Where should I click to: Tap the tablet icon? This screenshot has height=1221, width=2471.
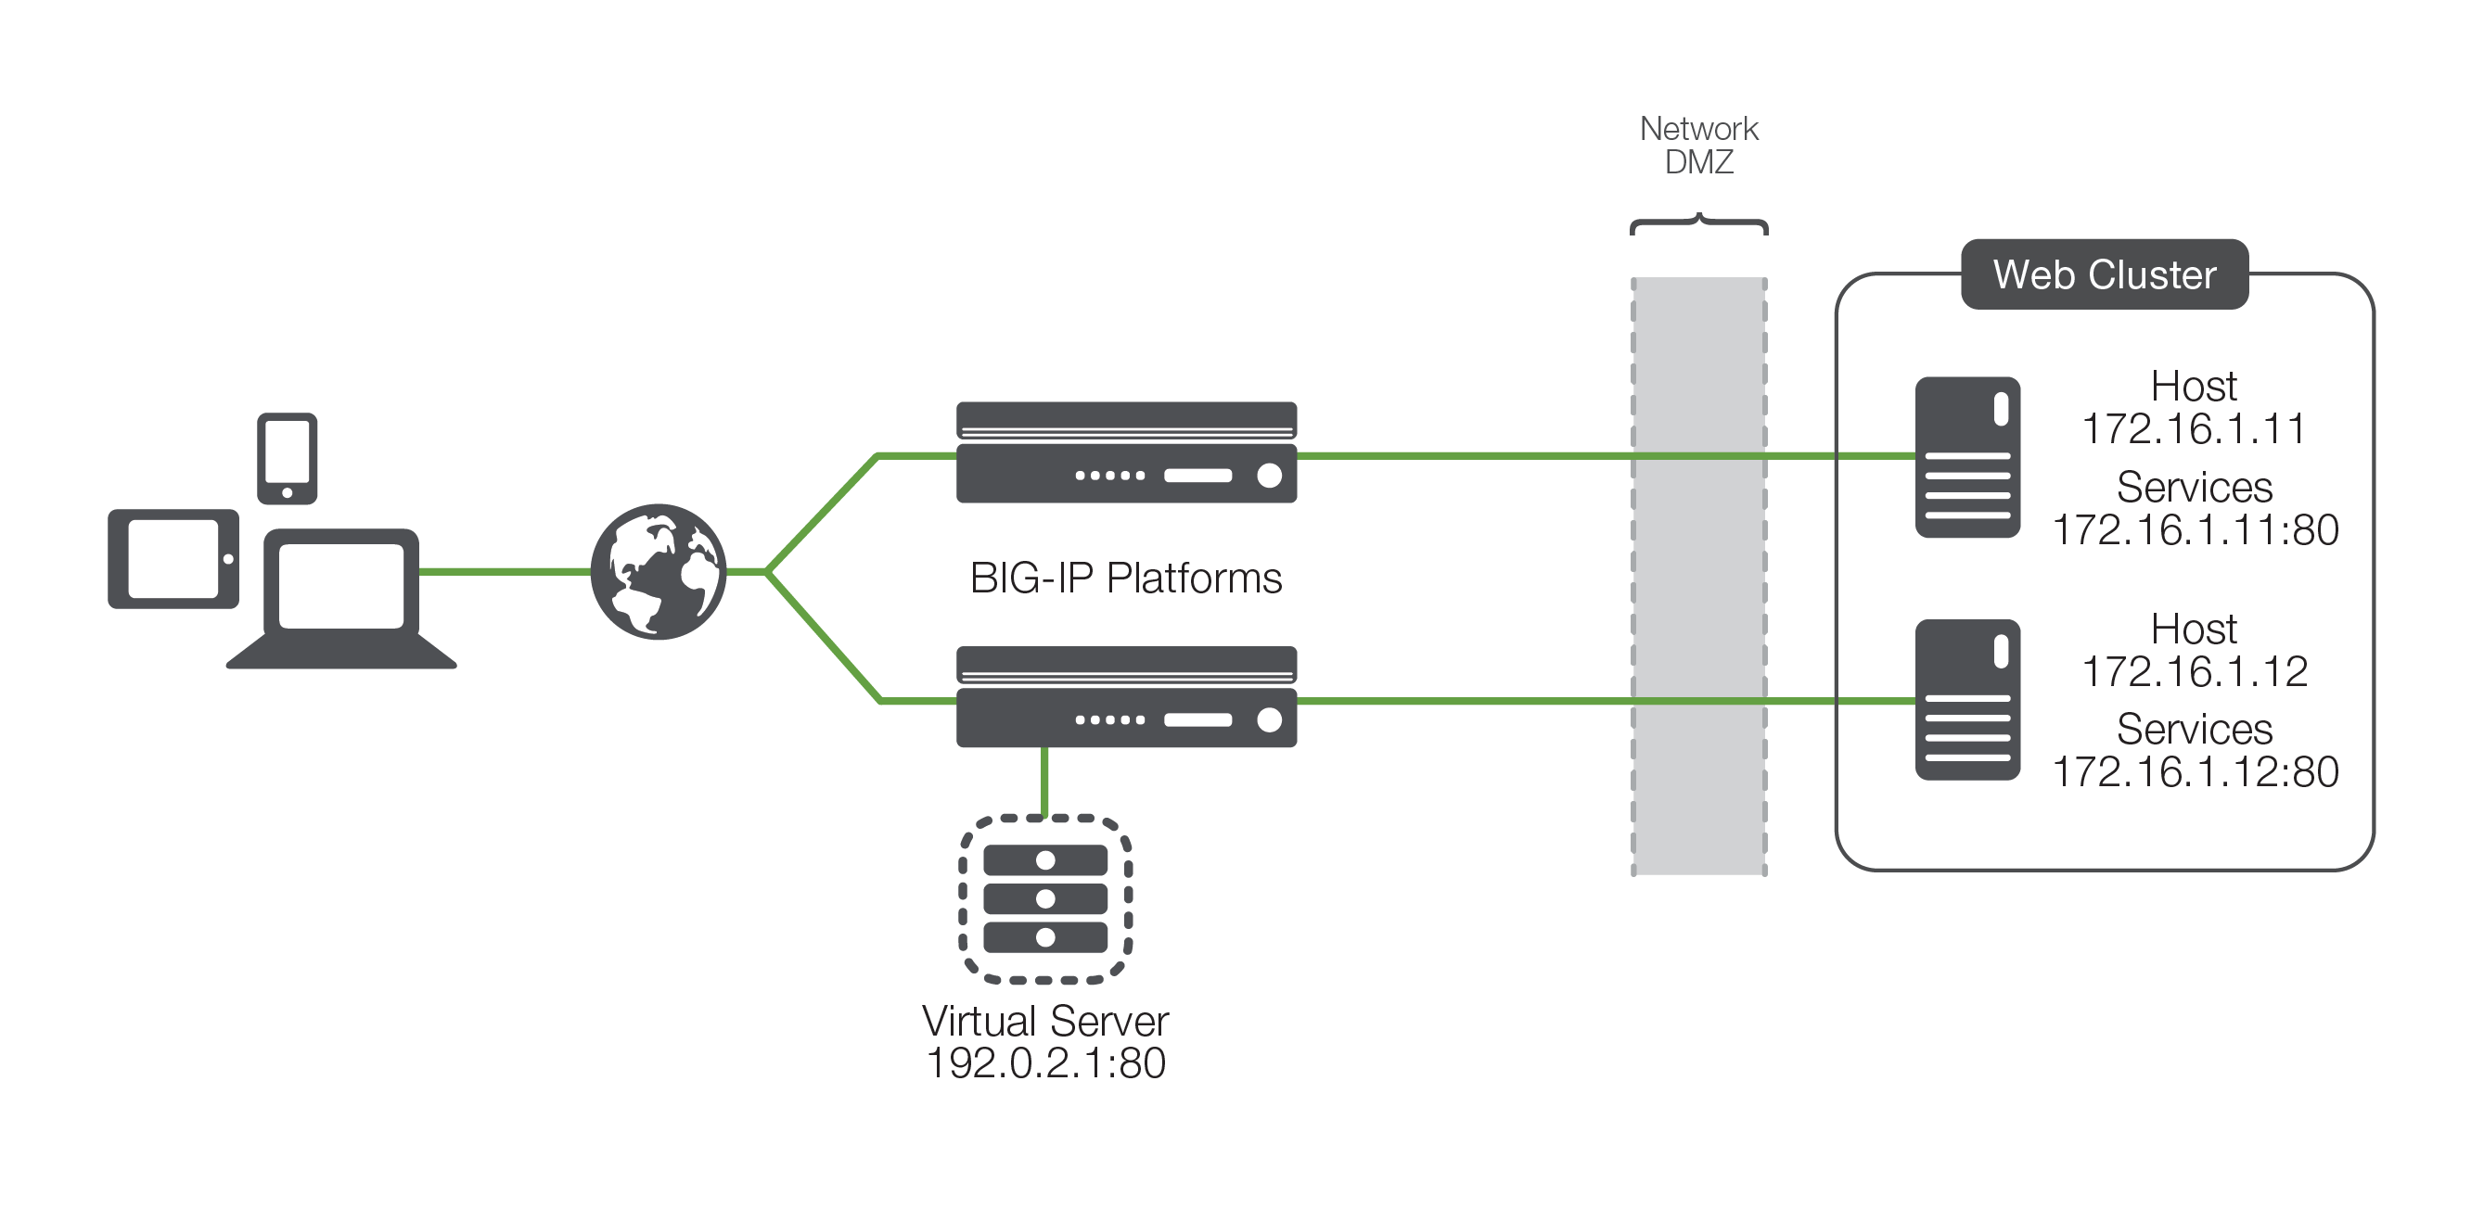coord(173,558)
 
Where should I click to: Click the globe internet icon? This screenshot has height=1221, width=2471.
coord(658,572)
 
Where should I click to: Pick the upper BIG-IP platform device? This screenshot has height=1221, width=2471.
coord(1126,452)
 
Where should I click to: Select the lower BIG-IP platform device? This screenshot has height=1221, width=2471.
coord(1126,697)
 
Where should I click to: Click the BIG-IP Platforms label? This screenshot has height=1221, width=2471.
coord(1125,579)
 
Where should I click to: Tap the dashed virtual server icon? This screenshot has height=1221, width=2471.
coord(1045,898)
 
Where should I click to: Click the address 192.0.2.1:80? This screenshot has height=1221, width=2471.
coord(1045,1063)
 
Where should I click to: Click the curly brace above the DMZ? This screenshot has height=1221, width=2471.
coord(1699,224)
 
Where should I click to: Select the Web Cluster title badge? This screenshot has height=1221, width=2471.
coord(2104,274)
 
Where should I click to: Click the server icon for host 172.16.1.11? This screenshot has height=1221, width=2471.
coord(1967,456)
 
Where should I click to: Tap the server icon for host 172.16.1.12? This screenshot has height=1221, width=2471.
coord(1967,699)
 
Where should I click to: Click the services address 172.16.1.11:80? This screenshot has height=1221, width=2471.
coord(2195,530)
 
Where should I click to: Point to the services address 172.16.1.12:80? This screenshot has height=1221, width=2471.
coord(2195,772)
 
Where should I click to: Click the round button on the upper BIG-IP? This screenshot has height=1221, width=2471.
coord(1269,475)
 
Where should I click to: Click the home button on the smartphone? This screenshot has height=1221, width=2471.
coord(287,493)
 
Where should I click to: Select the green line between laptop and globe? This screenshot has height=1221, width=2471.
coord(504,572)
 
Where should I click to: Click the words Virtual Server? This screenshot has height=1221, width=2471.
coord(1045,1022)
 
